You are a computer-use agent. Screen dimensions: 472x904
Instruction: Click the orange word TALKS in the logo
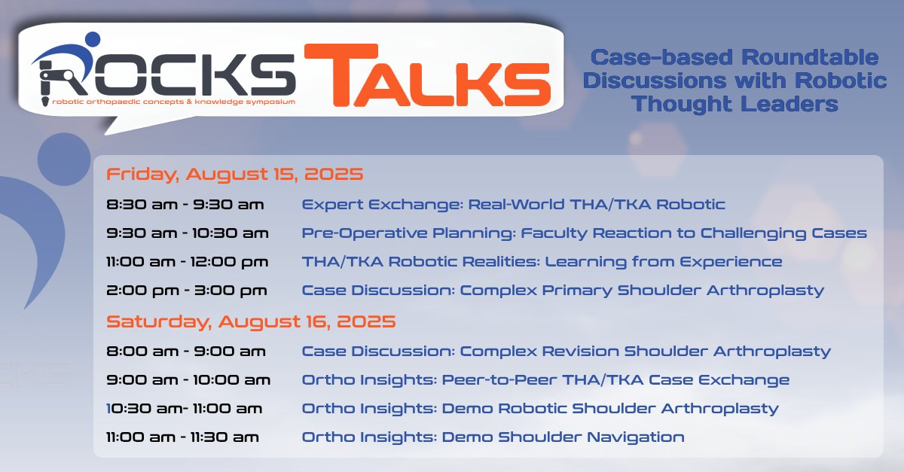426,75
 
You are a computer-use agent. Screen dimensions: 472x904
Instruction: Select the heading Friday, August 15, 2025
234,175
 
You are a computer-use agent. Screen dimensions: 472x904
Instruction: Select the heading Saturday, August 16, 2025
251,321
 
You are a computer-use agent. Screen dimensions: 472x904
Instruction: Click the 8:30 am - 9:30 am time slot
185,204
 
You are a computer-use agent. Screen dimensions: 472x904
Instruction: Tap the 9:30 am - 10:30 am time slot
188,233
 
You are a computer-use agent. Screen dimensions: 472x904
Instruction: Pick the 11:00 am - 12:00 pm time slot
190,262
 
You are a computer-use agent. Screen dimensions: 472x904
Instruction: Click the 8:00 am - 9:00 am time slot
185,351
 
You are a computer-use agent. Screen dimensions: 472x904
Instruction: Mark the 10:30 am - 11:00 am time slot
185,409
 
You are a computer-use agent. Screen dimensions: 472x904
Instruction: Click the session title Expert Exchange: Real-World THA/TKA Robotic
513,204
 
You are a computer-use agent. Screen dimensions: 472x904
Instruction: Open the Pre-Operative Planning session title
584,233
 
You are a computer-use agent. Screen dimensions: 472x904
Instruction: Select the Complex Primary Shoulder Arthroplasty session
563,291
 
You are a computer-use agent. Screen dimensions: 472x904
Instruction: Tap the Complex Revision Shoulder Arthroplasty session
566,351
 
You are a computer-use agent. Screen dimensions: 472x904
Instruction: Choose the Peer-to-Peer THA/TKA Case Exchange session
545,380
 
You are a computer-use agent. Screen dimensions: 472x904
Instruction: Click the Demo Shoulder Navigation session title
493,437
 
